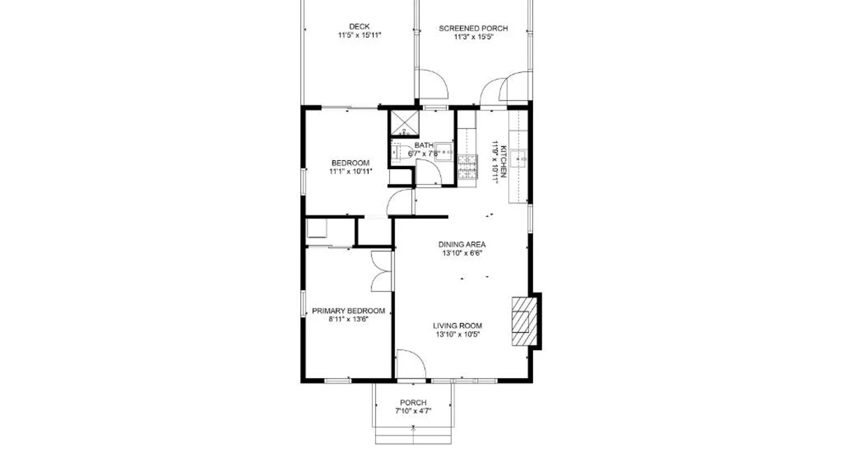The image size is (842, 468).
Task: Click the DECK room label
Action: (359, 27)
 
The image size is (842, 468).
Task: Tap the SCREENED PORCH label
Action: (473, 29)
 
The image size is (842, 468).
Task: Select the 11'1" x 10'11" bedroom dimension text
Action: (351, 172)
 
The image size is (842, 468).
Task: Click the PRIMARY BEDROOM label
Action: (348, 311)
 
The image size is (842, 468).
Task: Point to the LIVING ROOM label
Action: (457, 326)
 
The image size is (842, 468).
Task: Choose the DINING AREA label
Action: (462, 244)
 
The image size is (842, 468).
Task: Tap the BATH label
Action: (424, 146)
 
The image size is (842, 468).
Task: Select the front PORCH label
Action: (414, 402)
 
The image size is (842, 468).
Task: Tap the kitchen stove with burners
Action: (467, 168)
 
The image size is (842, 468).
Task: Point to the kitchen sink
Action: (518, 159)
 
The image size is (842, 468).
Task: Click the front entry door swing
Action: (411, 364)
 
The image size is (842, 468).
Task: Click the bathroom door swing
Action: (428, 173)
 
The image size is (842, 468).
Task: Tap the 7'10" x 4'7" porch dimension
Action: (414, 411)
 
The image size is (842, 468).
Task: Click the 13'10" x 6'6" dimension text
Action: (462, 253)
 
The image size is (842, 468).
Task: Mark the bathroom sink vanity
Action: (444, 152)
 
